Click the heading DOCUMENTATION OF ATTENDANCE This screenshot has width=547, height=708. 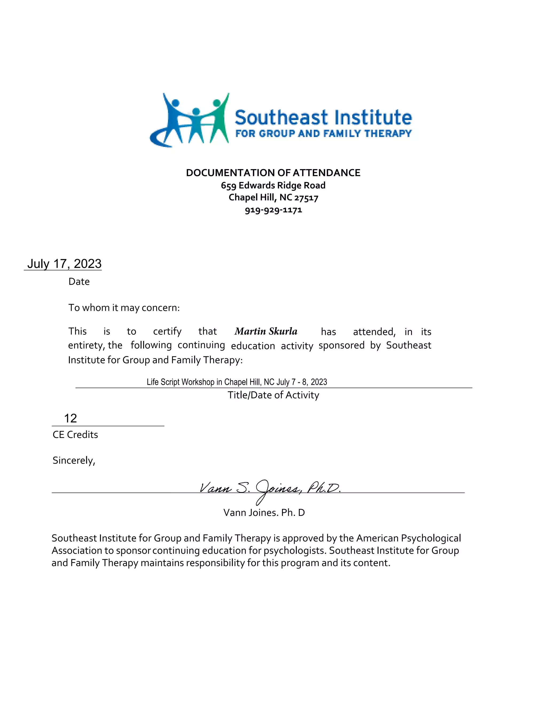click(x=273, y=173)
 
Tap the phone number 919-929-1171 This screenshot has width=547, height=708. click(x=273, y=210)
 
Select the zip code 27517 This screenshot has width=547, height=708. click(x=306, y=198)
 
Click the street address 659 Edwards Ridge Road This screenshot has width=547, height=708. click(x=273, y=185)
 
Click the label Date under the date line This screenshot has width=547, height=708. click(x=79, y=281)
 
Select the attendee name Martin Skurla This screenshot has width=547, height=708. click(x=266, y=331)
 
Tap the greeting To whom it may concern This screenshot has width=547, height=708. click(x=124, y=307)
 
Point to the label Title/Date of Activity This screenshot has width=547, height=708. click(x=273, y=395)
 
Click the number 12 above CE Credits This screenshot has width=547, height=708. click(x=70, y=418)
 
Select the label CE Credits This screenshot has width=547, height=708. click(x=75, y=434)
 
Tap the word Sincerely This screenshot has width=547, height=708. click(x=74, y=460)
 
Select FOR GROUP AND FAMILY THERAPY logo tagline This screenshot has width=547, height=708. click(x=323, y=134)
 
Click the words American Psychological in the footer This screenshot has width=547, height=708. click(x=408, y=538)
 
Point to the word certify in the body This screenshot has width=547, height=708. click(x=167, y=331)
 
